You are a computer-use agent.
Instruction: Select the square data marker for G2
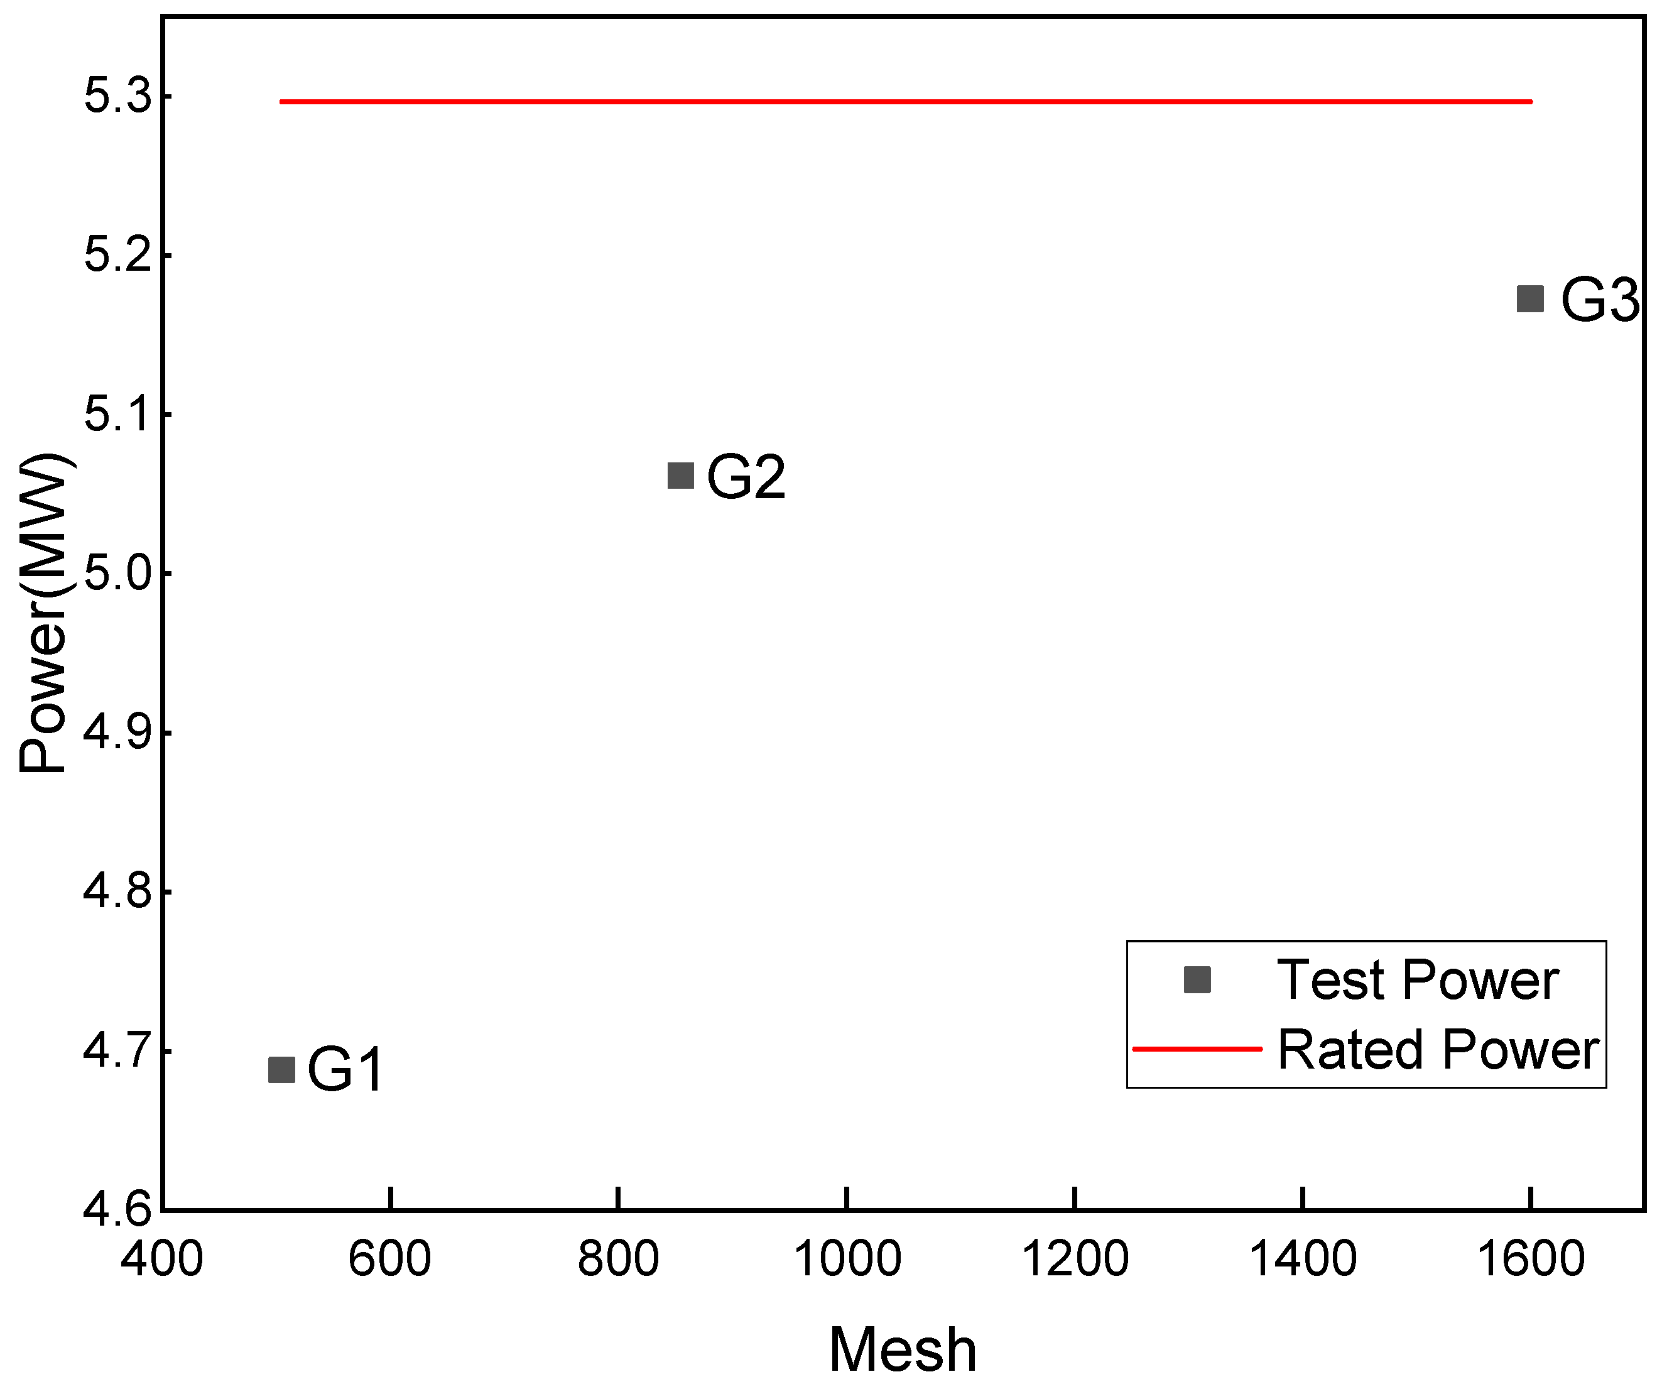[x=681, y=476]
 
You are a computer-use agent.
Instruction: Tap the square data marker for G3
[x=1530, y=299]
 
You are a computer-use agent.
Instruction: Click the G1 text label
[x=345, y=1070]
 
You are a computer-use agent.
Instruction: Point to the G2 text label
[x=746, y=477]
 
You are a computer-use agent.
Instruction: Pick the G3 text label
[x=1599, y=301]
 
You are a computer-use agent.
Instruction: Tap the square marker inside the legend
[x=1197, y=980]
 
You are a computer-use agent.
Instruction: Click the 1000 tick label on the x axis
[x=847, y=1258]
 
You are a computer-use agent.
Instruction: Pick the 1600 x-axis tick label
[x=1531, y=1258]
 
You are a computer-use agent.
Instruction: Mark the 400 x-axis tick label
[x=162, y=1258]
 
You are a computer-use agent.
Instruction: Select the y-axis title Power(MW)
[x=43, y=613]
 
